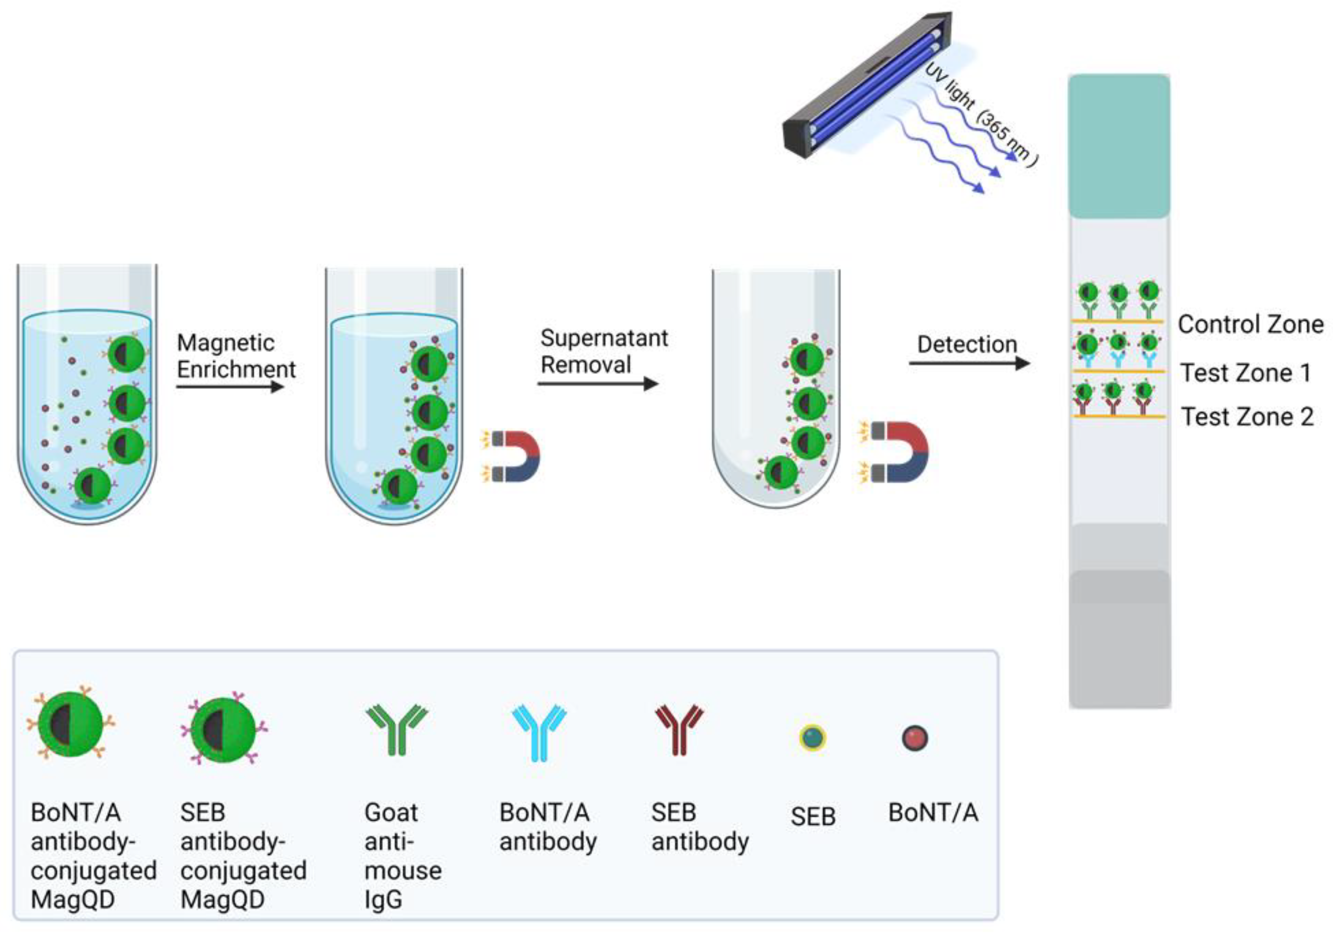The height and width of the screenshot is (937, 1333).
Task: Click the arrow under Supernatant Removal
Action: tap(598, 384)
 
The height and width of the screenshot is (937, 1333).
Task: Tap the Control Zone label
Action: tap(1250, 324)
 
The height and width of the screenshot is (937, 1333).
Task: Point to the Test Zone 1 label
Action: tap(1246, 372)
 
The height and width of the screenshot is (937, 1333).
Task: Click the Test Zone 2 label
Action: tap(1247, 417)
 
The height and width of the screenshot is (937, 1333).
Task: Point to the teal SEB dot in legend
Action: tap(812, 738)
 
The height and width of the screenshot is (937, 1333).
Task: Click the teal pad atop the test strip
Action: tap(1119, 145)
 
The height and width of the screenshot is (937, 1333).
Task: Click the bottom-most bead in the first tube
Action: tap(93, 485)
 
